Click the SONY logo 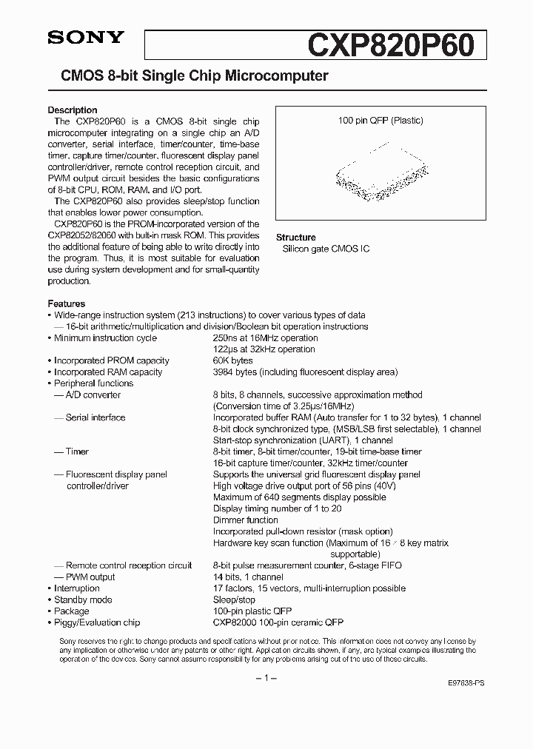(77, 39)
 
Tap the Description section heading (73, 110)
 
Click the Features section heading (67, 303)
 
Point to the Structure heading (296, 238)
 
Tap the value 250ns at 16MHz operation (264, 338)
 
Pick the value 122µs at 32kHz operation (264, 349)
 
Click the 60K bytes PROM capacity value (232, 360)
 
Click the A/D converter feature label (93, 395)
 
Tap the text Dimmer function (246, 520)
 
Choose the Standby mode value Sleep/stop (234, 600)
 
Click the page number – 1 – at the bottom (266, 679)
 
